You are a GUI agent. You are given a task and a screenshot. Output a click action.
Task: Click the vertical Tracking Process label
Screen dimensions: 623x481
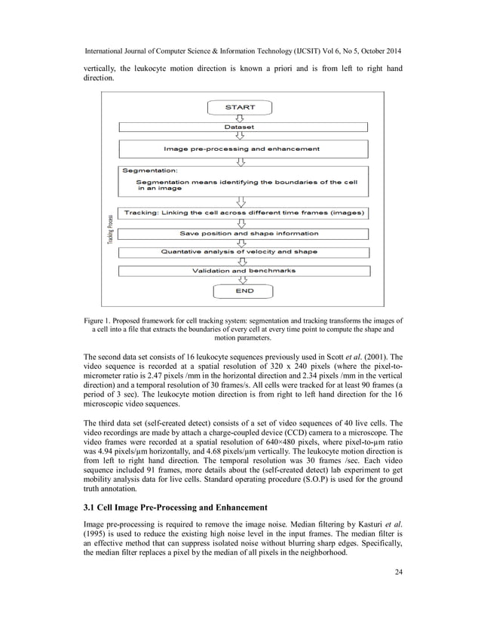[109, 229]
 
